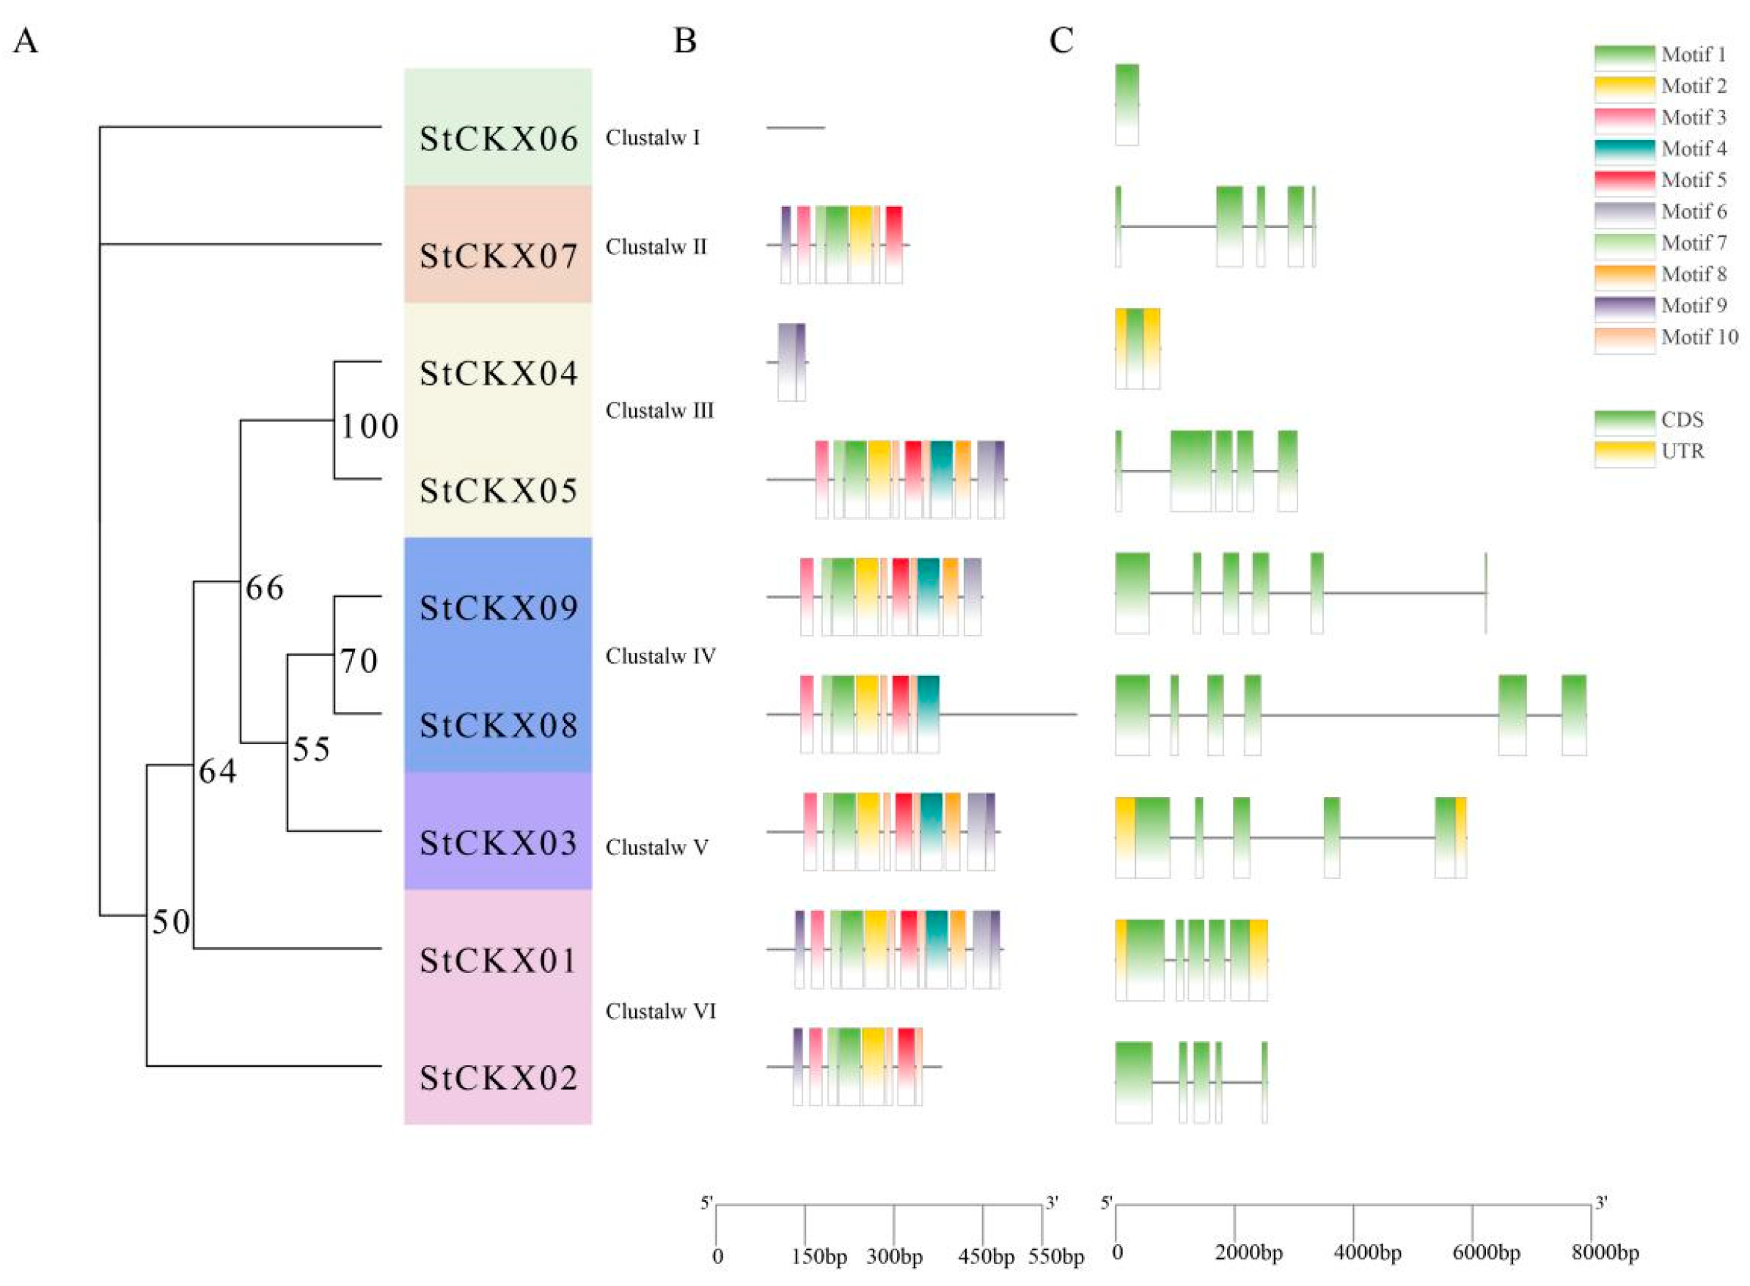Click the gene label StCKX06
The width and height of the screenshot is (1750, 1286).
pyautogui.click(x=499, y=139)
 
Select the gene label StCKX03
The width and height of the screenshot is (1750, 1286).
pyautogui.click(x=499, y=843)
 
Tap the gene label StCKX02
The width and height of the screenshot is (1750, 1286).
pyautogui.click(x=499, y=1079)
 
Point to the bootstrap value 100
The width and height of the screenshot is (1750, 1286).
pyautogui.click(x=370, y=427)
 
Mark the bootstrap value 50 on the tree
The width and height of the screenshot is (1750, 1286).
pyautogui.click(x=171, y=922)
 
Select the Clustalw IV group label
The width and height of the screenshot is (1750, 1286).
pyautogui.click(x=660, y=656)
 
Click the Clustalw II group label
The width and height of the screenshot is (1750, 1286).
pyautogui.click(x=656, y=247)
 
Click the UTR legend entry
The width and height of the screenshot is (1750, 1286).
pyautogui.click(x=1683, y=452)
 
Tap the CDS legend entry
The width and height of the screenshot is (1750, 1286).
pyautogui.click(x=1683, y=419)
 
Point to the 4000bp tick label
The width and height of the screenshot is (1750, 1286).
pyautogui.click(x=1367, y=1252)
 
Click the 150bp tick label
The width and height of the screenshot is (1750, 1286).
pyautogui.click(x=819, y=1257)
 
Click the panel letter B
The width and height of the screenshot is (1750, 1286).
pyautogui.click(x=684, y=40)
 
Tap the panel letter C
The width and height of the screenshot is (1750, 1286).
pyautogui.click(x=1061, y=40)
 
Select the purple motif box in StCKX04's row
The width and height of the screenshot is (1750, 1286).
pyautogui.click(x=791, y=361)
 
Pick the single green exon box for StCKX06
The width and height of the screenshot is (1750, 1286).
pyautogui.click(x=1127, y=103)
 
